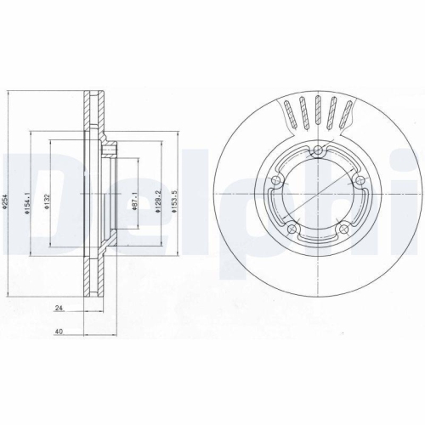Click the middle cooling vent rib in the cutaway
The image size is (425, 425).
pyautogui.click(x=317, y=110)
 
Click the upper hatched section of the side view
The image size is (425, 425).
pyautogui.click(x=92, y=115)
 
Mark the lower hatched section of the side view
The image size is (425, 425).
pyautogui.click(x=92, y=276)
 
